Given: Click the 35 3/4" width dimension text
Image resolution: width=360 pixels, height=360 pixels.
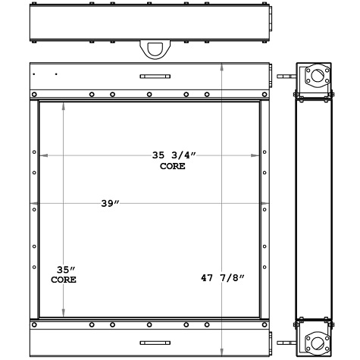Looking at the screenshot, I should point(174,155).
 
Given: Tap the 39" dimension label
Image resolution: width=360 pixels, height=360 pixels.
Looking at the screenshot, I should point(111,204).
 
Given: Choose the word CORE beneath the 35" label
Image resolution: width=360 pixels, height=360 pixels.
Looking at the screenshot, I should point(64,280).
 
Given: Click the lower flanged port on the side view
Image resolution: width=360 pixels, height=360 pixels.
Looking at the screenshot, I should point(315,340).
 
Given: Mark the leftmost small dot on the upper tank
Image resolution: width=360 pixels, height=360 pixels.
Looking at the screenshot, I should point(35,74).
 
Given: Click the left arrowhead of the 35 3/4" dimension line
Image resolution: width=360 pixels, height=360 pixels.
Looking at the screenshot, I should point(42,155).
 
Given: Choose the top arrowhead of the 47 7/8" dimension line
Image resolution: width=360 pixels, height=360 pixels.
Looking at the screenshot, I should point(221,66).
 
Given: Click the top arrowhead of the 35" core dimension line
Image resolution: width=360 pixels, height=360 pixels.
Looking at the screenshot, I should point(64,105).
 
